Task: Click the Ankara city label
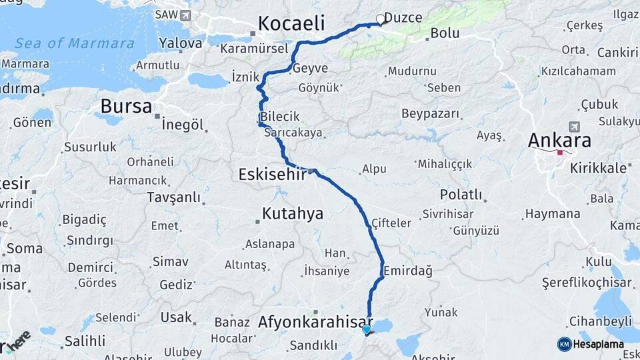(559, 141)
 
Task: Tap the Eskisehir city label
(272, 174)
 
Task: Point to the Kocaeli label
(291, 23)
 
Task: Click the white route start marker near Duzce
(381, 19)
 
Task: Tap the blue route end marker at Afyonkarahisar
(366, 329)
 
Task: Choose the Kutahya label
(293, 213)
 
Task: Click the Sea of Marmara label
(75, 43)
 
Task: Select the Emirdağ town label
(408, 271)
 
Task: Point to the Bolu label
(445, 33)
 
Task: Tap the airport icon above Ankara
(574, 127)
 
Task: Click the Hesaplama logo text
(600, 344)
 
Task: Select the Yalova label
(179, 43)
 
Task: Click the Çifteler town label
(391, 223)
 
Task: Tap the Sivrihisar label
(449, 214)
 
